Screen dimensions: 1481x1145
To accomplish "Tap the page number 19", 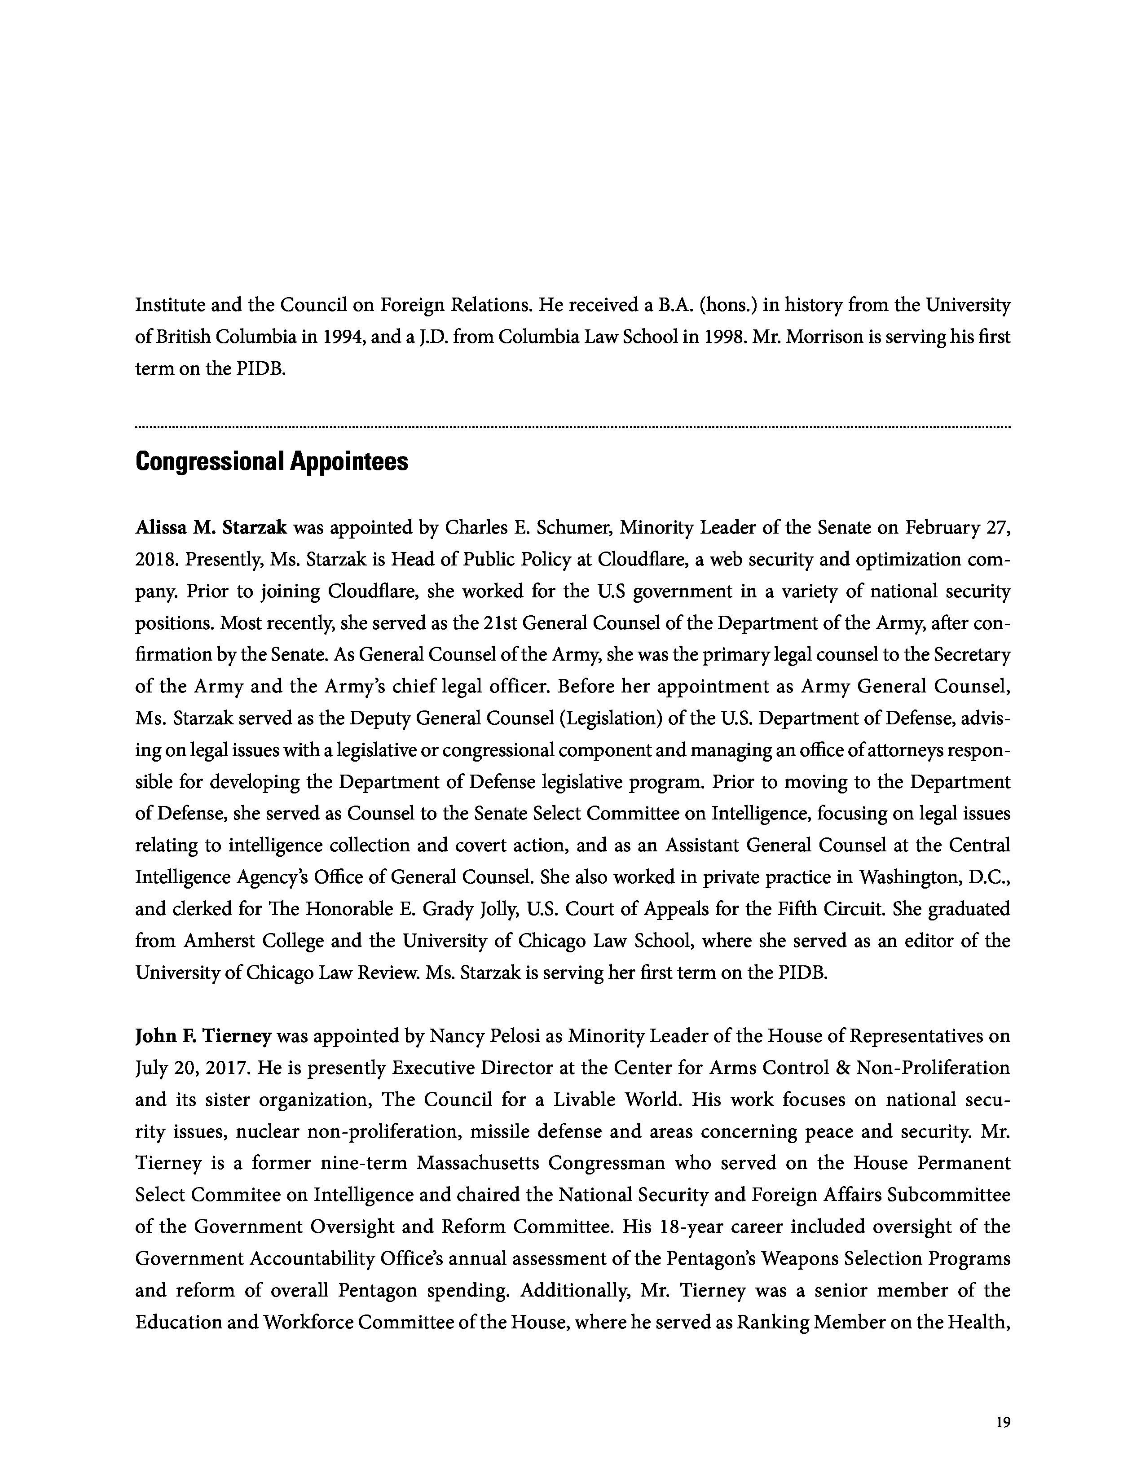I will [1003, 1422].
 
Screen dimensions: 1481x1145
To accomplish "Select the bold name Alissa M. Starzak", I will [211, 528].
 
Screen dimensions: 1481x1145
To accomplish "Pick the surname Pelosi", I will [526, 1036].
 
